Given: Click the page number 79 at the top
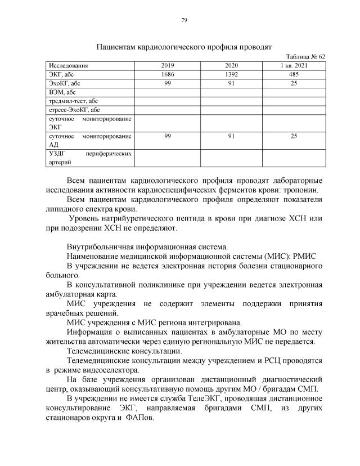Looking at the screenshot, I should (184, 20).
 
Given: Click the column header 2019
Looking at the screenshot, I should (168, 66).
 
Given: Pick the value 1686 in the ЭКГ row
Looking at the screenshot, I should (168, 74).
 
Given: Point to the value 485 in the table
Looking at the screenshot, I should (294, 74).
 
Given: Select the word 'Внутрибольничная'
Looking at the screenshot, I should (100, 247).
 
